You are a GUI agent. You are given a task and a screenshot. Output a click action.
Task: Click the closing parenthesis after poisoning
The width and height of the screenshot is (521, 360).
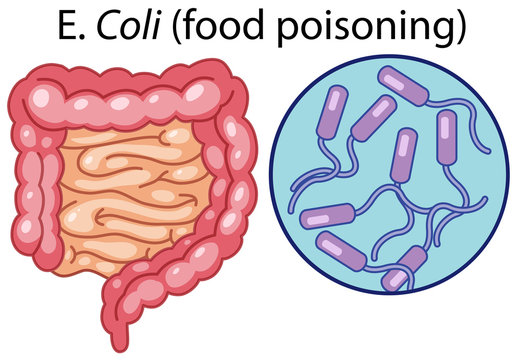click(460, 29)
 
